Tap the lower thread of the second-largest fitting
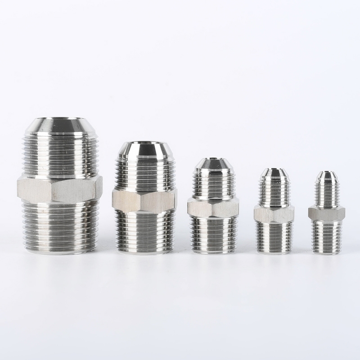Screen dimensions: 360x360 click(x=144, y=229)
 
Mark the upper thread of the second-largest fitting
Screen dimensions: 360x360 click(x=144, y=173)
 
